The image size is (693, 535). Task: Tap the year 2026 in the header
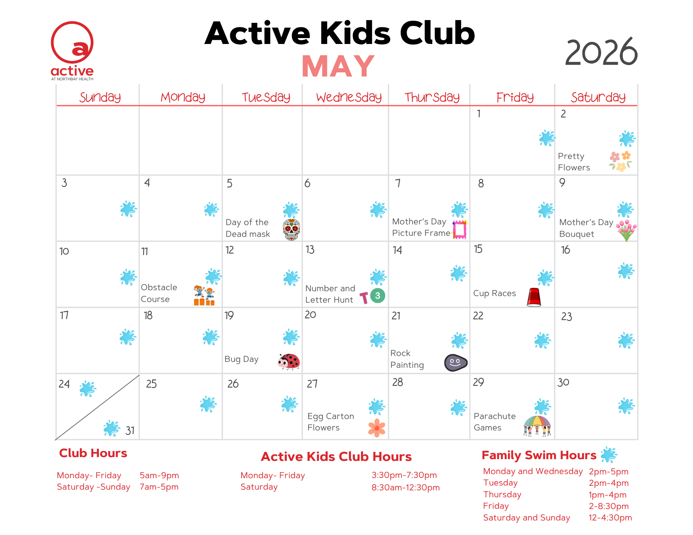(x=601, y=52)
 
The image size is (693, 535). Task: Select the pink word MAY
(x=338, y=66)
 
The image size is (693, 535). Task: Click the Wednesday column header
(x=349, y=97)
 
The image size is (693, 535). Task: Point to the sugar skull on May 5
(x=291, y=230)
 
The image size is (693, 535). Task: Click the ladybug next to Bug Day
(x=288, y=362)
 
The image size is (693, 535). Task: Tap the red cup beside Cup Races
(x=534, y=297)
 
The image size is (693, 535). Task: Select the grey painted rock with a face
(x=456, y=363)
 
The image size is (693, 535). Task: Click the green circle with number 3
(x=378, y=296)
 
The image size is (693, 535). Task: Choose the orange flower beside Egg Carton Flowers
(x=377, y=428)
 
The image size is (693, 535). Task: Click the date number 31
(x=130, y=431)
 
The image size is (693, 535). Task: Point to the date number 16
(x=565, y=250)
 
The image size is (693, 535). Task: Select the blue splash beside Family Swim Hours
(x=609, y=455)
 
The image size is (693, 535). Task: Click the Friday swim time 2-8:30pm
(x=609, y=506)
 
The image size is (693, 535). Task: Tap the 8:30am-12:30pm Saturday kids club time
(x=406, y=488)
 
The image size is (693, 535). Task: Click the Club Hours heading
(x=93, y=453)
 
